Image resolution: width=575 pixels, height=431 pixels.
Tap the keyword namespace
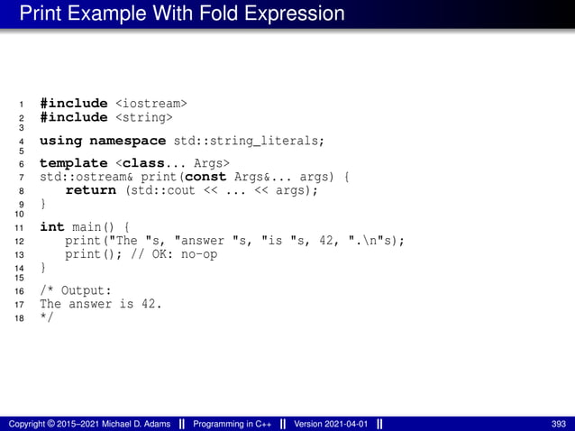pyautogui.click(x=125, y=141)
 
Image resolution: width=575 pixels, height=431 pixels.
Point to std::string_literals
pyautogui.click(x=248, y=141)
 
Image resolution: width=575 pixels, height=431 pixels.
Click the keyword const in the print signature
pyautogui.click(x=205, y=178)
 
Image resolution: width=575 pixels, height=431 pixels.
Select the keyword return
pyautogui.click(x=91, y=190)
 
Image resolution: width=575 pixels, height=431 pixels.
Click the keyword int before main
pyautogui.click(x=50, y=227)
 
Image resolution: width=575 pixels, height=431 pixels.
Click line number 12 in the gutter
pyautogui.click(x=20, y=242)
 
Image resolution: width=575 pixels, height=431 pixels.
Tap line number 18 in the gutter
pyautogui.click(x=20, y=318)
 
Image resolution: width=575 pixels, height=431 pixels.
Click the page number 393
pyautogui.click(x=559, y=423)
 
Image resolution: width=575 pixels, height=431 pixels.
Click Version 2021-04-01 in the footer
pyautogui.click(x=330, y=423)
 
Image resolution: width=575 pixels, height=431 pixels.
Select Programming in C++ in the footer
pyautogui.click(x=234, y=423)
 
